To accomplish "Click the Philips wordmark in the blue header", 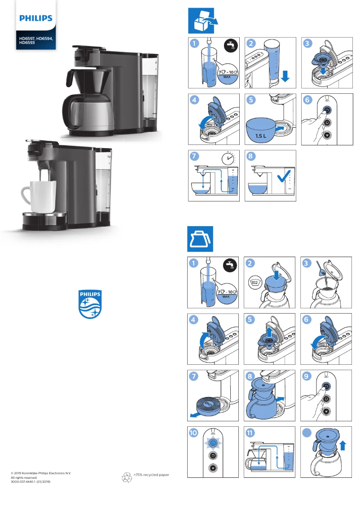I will [x=35, y=18].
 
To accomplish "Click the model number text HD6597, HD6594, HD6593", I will [x=36, y=41].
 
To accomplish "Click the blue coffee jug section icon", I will [x=200, y=239].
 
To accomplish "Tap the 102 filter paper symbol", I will [x=255, y=283].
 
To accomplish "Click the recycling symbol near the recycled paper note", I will [x=127, y=478].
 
